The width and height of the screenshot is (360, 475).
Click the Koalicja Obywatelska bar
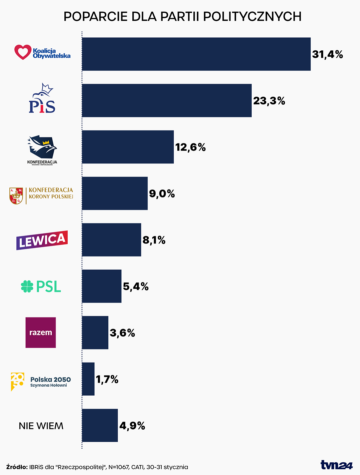(196, 54)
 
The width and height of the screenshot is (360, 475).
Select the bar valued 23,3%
(167, 100)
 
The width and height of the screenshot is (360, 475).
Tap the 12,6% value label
(190, 147)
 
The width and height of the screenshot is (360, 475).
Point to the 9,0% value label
(162, 193)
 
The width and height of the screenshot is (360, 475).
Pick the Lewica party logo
(42, 240)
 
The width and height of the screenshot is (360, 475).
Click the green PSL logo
(41, 286)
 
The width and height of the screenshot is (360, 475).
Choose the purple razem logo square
(41, 333)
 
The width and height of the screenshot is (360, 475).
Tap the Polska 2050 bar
(88, 379)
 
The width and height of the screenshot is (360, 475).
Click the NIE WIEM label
(41, 426)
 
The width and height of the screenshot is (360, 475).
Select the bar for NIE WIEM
(100, 425)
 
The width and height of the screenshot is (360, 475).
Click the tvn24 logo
(336, 465)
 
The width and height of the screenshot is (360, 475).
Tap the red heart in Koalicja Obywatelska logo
(23, 52)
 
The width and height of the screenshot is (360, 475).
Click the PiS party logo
(42, 99)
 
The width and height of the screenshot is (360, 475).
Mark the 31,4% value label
(327, 54)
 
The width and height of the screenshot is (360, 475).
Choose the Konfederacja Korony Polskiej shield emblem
(16, 196)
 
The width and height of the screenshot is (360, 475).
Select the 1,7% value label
(107, 379)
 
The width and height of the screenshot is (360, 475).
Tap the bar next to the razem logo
(95, 333)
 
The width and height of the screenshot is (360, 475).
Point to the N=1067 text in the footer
(118, 467)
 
